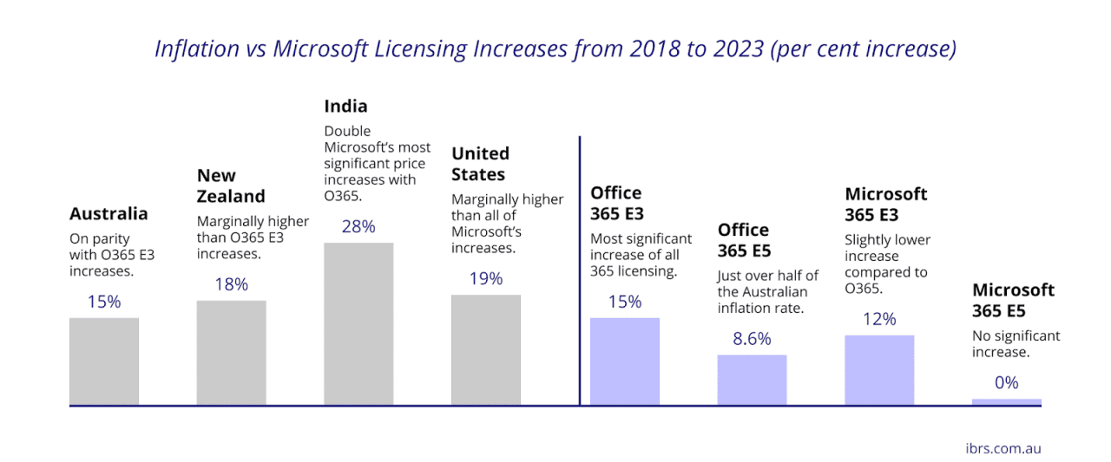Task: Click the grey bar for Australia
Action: (104, 361)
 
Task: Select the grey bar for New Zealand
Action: (231, 353)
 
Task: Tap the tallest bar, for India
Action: (358, 324)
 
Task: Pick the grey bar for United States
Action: (486, 350)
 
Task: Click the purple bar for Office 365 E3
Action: (625, 361)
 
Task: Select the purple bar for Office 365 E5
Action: (752, 380)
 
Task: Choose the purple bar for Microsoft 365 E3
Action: (879, 370)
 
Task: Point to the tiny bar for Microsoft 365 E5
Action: (1007, 402)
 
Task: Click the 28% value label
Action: (358, 227)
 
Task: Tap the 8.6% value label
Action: (752, 339)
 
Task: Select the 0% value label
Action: (1007, 382)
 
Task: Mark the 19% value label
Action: (486, 279)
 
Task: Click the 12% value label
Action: (879, 319)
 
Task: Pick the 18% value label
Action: (231, 284)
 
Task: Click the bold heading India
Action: (345, 107)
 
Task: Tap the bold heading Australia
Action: (108, 214)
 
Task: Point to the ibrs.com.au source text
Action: (1003, 448)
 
